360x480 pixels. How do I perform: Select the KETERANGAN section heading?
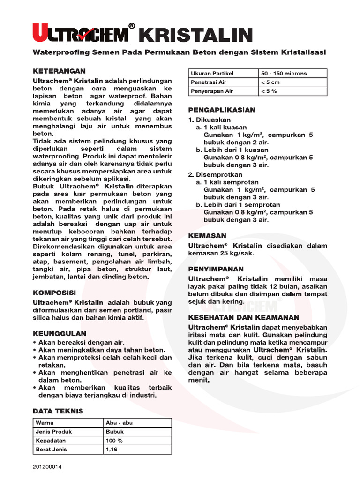59,71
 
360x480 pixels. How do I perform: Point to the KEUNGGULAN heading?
60,333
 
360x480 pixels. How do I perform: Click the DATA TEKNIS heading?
58,411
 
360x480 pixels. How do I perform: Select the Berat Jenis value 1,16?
113,450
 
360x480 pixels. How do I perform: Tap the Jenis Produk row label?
54,432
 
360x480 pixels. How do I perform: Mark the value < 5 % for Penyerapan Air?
269,91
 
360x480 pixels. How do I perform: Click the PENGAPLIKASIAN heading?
222,110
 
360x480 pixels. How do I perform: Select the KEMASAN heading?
207,235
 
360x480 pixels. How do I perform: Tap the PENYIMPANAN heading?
216,269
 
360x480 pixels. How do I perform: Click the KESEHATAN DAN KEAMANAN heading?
243,317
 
